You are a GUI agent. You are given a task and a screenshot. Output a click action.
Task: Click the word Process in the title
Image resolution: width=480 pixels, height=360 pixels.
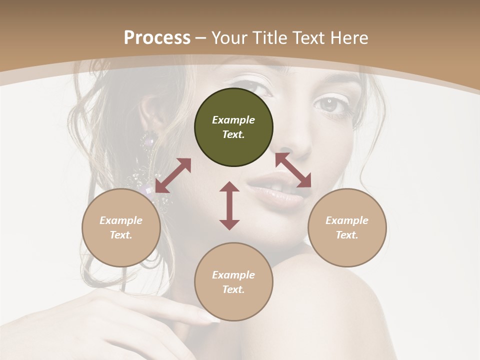[x=157, y=38]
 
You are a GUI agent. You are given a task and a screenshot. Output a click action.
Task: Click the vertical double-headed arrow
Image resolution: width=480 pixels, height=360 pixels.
[x=229, y=205]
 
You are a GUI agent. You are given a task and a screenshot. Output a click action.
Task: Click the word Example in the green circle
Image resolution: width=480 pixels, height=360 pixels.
[x=233, y=120]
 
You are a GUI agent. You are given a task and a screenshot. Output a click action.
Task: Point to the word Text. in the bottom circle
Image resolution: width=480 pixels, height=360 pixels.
[x=233, y=289]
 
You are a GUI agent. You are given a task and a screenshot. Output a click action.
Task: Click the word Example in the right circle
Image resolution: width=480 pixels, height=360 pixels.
[x=347, y=220]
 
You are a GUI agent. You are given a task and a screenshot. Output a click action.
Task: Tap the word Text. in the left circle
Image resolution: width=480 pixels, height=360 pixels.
[x=121, y=235]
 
